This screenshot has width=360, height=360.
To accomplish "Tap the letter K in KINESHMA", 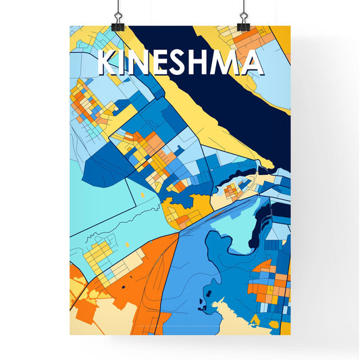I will click(x=108, y=63).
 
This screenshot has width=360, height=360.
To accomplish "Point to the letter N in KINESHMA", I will click(x=143, y=63).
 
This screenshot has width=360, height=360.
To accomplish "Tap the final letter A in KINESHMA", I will click(x=253, y=63).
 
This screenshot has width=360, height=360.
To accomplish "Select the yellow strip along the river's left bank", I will click(x=203, y=115).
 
